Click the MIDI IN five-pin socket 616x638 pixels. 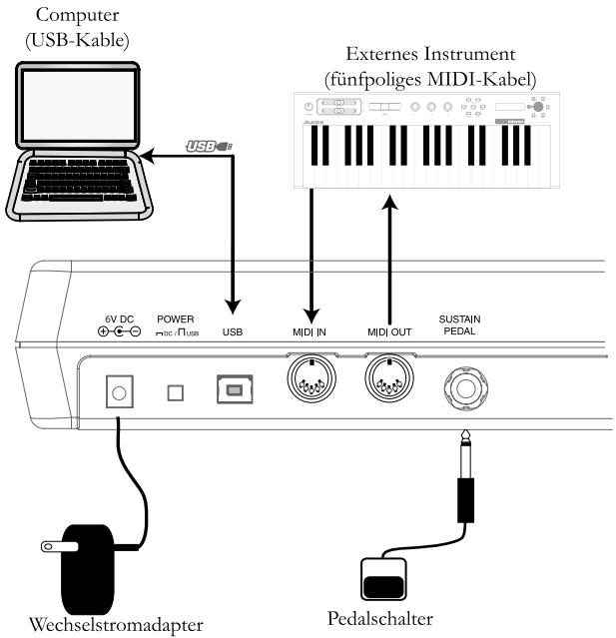click(x=312, y=380)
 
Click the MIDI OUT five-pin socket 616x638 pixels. click(x=388, y=380)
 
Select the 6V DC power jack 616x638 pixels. click(x=120, y=393)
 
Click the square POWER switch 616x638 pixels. click(x=175, y=393)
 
